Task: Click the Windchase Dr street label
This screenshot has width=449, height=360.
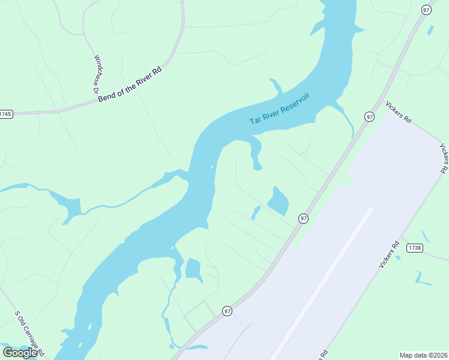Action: [x=95, y=74]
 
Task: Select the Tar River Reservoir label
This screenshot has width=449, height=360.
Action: [x=280, y=109]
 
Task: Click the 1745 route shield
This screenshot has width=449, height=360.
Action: [x=5, y=114]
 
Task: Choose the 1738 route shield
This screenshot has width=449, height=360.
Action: [x=414, y=248]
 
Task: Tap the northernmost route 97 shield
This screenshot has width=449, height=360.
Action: [x=427, y=10]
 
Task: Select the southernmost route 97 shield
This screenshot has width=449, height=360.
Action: [x=227, y=311]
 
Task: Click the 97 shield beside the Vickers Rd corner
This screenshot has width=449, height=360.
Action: [x=369, y=116]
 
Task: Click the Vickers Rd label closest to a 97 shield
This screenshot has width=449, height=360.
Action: [x=399, y=112]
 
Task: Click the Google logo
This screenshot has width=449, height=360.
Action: [x=20, y=352]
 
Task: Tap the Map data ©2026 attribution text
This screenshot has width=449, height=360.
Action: [x=423, y=355]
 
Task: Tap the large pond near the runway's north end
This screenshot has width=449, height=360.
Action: [x=278, y=202]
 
